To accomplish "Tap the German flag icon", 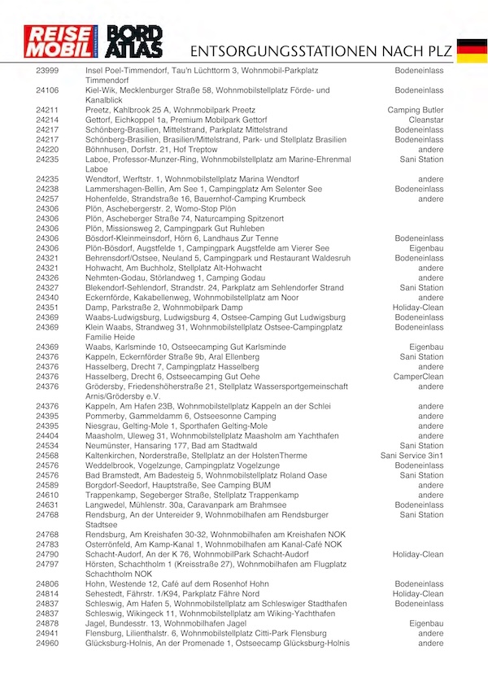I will click(472, 50).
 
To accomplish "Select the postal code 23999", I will click(47, 72).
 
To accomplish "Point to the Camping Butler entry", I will click(416, 110).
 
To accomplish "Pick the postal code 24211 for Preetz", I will click(47, 110).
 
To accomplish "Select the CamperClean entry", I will click(419, 377).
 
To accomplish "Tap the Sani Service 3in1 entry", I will click(412, 456).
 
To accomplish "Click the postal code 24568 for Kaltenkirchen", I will click(47, 456).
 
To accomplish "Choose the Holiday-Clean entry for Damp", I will click(418, 308).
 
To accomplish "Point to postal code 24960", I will click(47, 644).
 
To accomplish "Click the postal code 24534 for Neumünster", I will click(47, 446).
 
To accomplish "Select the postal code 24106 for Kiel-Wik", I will click(47, 90).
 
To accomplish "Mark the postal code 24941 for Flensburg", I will click(47, 633).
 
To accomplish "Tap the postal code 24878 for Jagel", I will click(47, 623).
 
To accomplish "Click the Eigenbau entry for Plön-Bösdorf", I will click(426, 248).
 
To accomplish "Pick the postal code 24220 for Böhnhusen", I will click(47, 150).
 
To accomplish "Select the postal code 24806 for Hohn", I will click(47, 584).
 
